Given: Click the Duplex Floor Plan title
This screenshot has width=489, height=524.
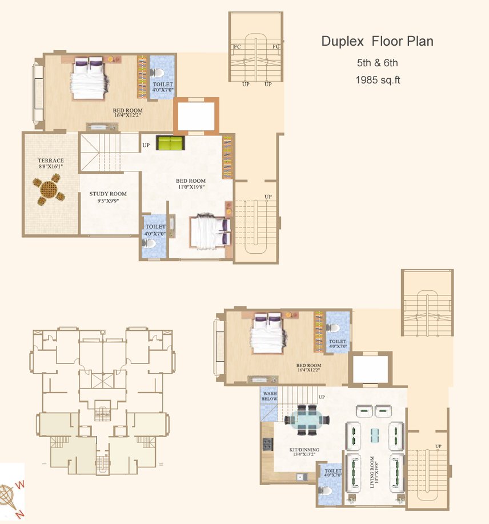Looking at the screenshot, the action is click(x=378, y=42).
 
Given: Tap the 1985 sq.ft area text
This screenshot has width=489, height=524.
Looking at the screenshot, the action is click(x=378, y=80).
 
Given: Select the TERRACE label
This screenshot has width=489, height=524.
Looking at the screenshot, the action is click(x=51, y=161).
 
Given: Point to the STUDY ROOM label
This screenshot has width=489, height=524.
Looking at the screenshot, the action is click(x=108, y=194).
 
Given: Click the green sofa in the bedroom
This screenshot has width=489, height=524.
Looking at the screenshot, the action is click(x=170, y=143).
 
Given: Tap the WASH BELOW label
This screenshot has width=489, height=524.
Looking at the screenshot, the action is click(x=269, y=396).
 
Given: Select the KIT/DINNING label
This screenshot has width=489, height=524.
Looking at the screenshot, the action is click(x=304, y=450).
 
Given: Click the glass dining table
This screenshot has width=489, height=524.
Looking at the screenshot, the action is click(x=307, y=419).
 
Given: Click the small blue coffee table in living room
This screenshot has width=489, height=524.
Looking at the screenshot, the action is click(x=375, y=435).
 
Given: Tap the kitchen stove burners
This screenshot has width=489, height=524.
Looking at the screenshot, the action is click(x=267, y=444).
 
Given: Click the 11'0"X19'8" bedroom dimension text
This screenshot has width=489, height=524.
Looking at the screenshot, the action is click(x=191, y=187).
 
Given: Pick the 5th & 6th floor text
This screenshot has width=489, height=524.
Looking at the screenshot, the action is click(x=378, y=63).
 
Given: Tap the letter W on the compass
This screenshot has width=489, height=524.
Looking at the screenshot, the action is click(x=20, y=485).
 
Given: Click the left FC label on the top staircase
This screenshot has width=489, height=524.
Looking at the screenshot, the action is click(x=237, y=47).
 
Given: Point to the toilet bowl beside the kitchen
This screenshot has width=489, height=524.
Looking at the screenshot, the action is click(x=325, y=491).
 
